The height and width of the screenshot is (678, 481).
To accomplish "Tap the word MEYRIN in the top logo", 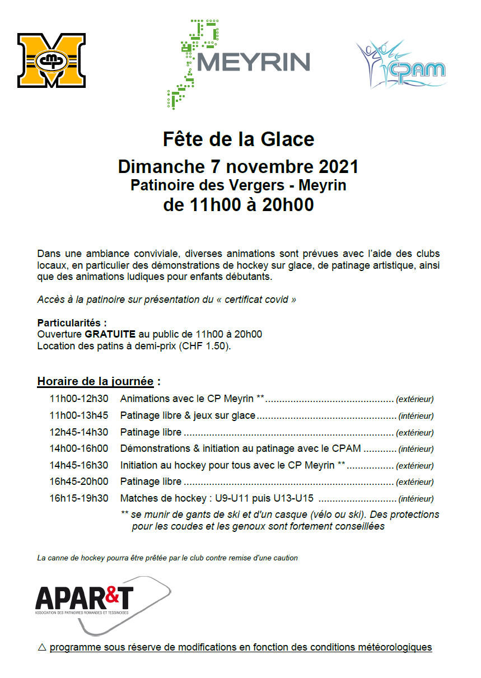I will (x=253, y=62).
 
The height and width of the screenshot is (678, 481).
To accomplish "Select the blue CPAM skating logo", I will (x=400, y=64).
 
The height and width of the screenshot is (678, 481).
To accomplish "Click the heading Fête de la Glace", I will (x=239, y=139).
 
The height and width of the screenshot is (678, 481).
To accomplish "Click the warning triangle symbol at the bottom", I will (x=41, y=647).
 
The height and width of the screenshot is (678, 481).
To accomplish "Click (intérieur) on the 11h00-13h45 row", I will (x=415, y=416).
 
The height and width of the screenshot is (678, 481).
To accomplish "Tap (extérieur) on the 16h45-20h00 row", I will (x=414, y=482).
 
